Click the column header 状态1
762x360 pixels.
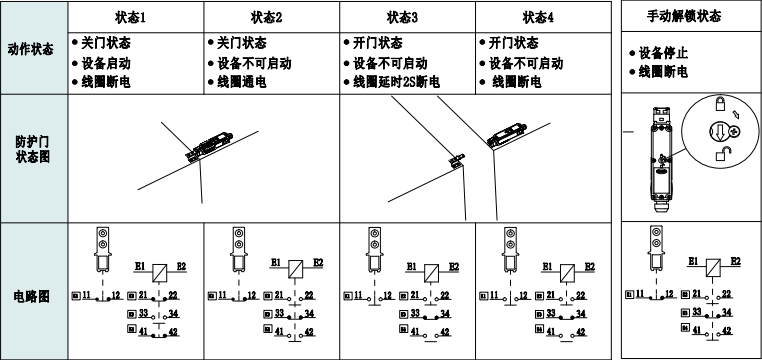pos(136,18)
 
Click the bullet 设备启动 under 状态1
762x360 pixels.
pos(106,63)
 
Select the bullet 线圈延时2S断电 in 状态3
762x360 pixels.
pos(395,81)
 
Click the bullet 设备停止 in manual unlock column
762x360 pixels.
pos(661,54)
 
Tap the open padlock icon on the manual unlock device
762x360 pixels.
pos(720,154)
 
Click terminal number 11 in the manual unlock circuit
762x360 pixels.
pos(642,296)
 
